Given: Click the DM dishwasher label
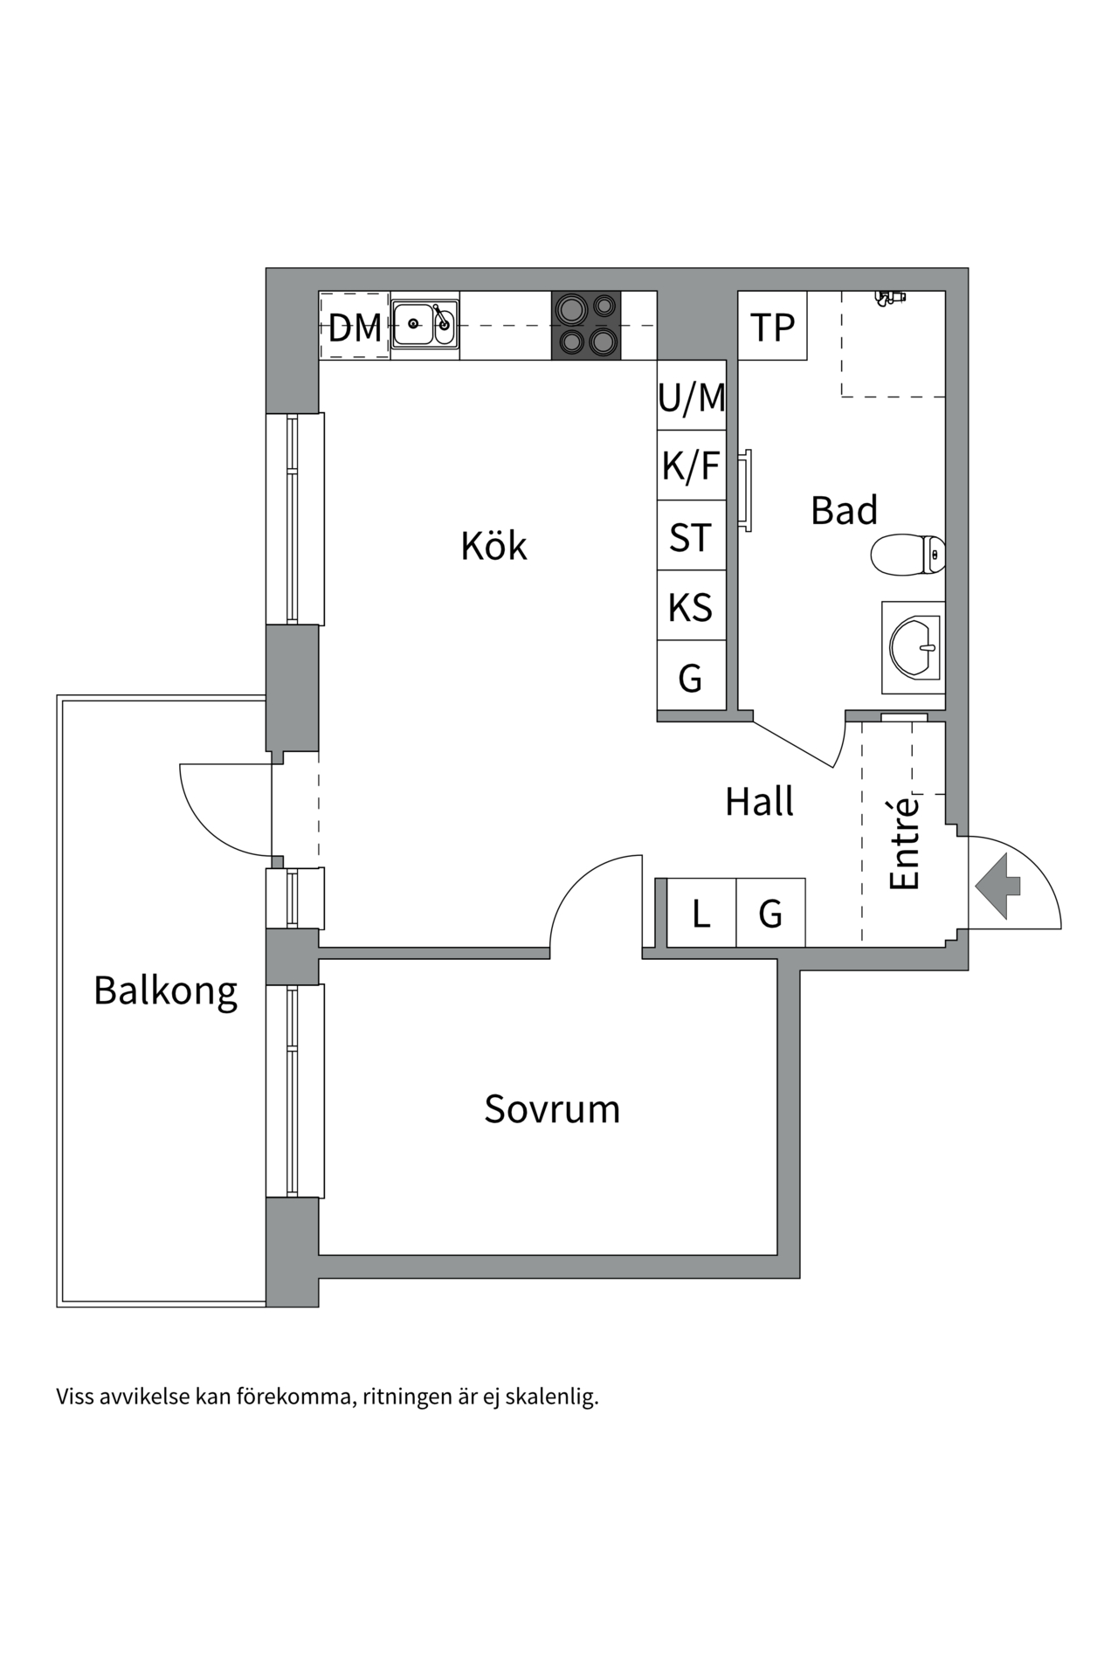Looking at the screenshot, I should click(x=355, y=328).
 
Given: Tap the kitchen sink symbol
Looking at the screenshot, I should click(x=424, y=324).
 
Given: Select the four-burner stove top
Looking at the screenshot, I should click(x=586, y=325).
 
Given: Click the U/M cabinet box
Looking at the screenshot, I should click(x=691, y=397).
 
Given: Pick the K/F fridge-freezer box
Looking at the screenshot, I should click(x=691, y=466).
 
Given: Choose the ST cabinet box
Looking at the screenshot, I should click(x=691, y=536).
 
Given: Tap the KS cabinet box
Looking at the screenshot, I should click(x=691, y=606).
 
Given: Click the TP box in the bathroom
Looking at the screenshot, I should click(x=772, y=327).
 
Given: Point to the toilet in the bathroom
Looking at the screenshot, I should click(x=908, y=554).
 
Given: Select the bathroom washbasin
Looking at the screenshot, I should click(x=914, y=647).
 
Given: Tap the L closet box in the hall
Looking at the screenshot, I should click(x=700, y=914).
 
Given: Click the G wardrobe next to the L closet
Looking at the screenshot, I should click(x=770, y=914).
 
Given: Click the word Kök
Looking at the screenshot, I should click(x=493, y=546).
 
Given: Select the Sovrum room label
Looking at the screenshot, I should click(x=552, y=1108).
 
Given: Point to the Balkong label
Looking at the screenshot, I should click(x=165, y=990).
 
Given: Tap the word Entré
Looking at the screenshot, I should click(x=905, y=843).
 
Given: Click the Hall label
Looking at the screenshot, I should click(x=759, y=801).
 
